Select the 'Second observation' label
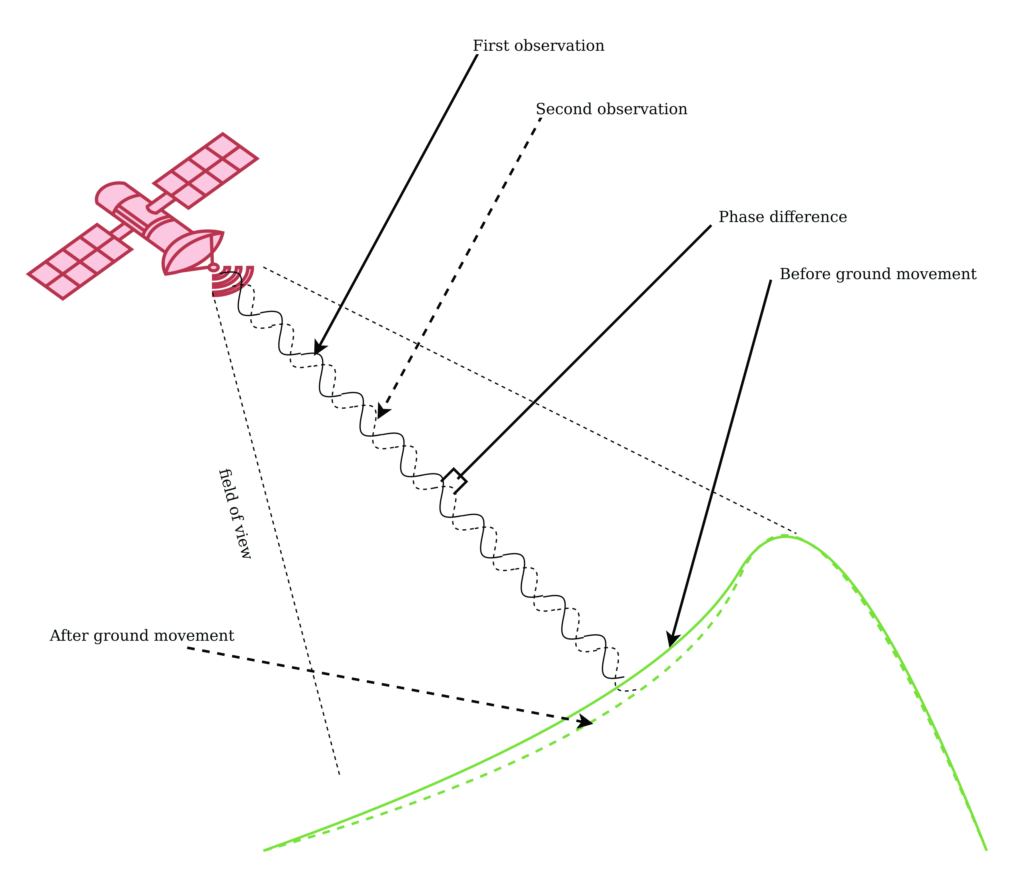pyautogui.click(x=611, y=109)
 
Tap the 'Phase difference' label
pyautogui.click(x=782, y=217)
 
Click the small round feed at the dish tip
pyautogui.click(x=213, y=268)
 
